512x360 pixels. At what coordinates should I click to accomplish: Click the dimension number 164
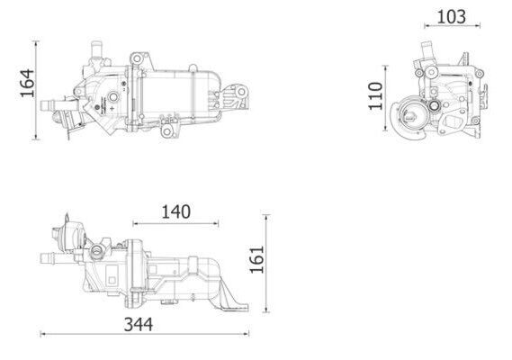[x=27, y=83]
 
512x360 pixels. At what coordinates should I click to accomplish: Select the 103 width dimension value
[x=452, y=17]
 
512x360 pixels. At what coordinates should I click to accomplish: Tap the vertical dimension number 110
[x=375, y=96]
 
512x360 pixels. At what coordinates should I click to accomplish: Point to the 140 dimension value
[x=176, y=211]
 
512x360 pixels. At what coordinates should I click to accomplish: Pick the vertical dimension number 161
[x=257, y=259]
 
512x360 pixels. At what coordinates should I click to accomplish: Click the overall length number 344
[x=139, y=324]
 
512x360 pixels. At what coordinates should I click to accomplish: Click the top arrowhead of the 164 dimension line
[x=36, y=43]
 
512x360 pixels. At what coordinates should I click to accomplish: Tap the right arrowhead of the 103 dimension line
[x=478, y=25]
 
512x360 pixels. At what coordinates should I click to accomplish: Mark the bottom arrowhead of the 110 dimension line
[x=386, y=128]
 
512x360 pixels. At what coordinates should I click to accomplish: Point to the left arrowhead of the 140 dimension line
[x=136, y=224]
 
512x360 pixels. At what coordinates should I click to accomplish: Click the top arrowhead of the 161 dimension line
[x=266, y=218]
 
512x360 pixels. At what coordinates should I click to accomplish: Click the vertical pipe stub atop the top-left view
[x=96, y=49]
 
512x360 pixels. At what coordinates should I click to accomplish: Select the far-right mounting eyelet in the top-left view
[x=241, y=92]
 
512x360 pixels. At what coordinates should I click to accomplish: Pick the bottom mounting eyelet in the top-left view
[x=166, y=131]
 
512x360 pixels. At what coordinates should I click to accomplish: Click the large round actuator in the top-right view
[x=409, y=117]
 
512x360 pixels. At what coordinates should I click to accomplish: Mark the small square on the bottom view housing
[x=112, y=280]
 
